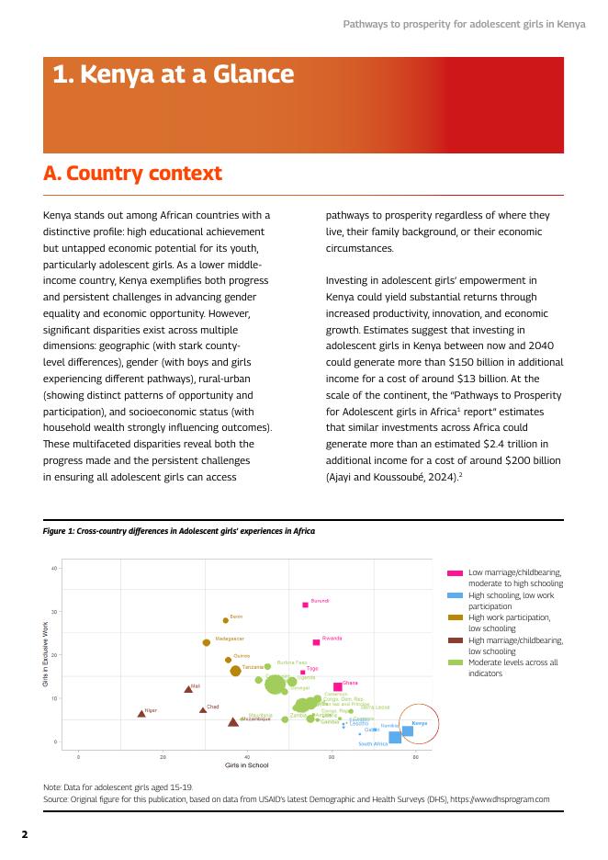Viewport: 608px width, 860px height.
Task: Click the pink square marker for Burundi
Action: pos(305,605)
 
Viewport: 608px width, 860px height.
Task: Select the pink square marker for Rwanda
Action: pos(316,642)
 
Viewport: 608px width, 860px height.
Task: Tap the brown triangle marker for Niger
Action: pos(141,713)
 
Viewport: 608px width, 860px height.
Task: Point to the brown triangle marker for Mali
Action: pos(188,688)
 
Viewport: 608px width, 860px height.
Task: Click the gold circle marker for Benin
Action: pos(226,620)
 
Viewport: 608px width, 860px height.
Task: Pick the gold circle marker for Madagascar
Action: pos(207,642)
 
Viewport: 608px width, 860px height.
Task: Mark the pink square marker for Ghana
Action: pos(337,686)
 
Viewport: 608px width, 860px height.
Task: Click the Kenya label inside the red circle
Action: pos(419,724)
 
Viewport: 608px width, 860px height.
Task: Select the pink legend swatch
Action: pos(456,572)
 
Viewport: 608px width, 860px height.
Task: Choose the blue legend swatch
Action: pos(456,595)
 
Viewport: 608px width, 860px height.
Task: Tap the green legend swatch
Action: pos(456,662)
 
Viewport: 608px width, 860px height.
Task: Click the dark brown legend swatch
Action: pos(456,640)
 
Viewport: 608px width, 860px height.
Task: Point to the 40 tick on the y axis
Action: pos(54,569)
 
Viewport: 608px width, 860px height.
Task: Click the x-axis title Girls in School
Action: pos(246,764)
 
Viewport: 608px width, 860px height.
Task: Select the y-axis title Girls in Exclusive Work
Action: pos(46,655)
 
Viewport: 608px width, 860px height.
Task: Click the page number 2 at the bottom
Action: pos(25,835)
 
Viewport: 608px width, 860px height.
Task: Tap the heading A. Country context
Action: pos(132,174)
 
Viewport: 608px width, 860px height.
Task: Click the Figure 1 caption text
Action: pos(179,531)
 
